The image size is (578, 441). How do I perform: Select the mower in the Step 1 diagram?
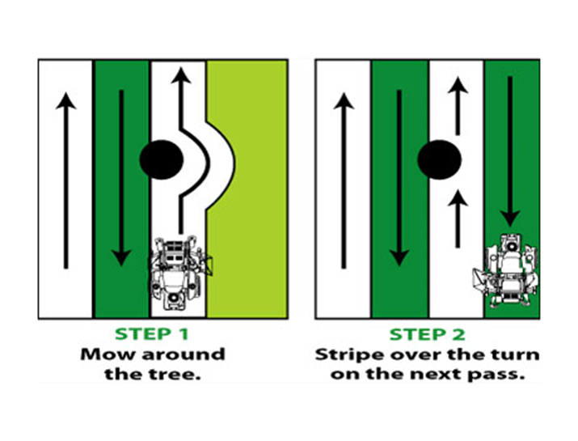click(179, 272)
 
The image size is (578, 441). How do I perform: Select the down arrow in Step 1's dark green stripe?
click(121, 178)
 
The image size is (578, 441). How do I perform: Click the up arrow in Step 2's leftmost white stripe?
click(344, 178)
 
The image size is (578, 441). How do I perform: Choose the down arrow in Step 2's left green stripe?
click(399, 178)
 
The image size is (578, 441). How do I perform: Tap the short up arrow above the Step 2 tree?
click(458, 105)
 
